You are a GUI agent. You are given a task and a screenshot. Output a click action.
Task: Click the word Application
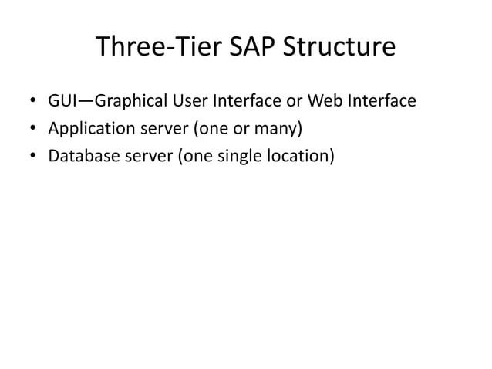tap(89, 129)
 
